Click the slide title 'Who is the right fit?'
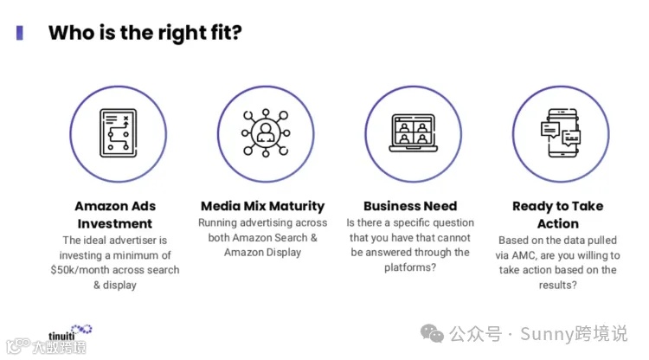(145, 34)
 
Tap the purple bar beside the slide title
(20, 33)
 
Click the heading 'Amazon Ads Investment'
(114, 215)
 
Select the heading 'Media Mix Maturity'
(262, 206)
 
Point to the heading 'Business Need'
(409, 206)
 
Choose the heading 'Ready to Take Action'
(558, 215)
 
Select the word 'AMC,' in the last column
(535, 255)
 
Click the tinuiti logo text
(61, 335)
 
